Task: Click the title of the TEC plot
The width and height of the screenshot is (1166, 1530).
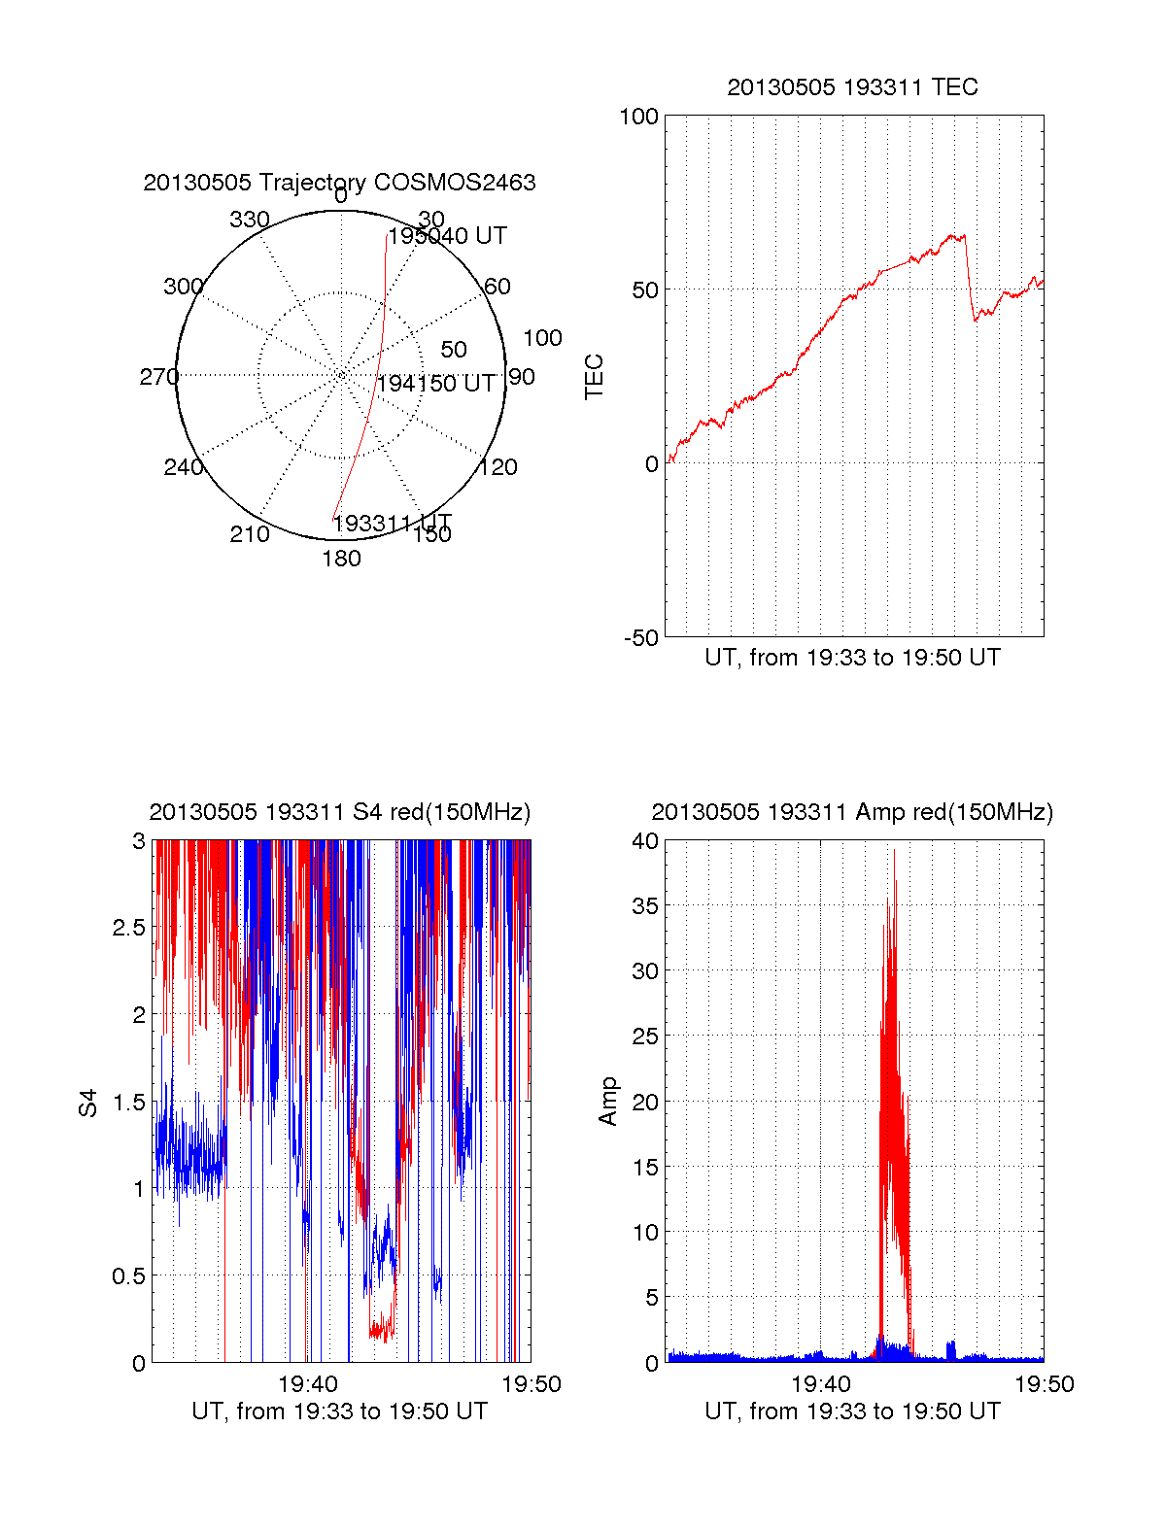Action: (x=852, y=87)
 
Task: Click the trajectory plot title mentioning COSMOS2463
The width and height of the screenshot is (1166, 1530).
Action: (x=339, y=183)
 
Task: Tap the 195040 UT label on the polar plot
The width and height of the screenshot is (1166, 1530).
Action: (x=448, y=236)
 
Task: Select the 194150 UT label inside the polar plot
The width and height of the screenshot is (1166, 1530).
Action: (x=435, y=384)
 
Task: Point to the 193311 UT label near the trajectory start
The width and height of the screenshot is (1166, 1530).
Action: (x=393, y=524)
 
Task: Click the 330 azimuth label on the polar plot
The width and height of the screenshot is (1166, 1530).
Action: (x=249, y=220)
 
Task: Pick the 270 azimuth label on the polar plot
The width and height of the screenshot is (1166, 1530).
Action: (x=158, y=377)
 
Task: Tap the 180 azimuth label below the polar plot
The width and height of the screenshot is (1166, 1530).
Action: (x=341, y=559)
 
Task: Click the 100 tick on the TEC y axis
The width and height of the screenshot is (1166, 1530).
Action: (x=638, y=117)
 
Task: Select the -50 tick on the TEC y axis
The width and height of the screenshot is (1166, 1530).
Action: (x=640, y=638)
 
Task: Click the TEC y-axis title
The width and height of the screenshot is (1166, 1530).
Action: (x=594, y=377)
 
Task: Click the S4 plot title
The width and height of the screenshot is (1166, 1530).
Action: (x=339, y=812)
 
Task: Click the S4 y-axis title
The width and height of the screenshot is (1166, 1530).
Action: (x=88, y=1104)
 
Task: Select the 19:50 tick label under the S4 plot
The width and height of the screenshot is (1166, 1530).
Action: (x=531, y=1384)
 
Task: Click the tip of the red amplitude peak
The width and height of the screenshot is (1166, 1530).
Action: (x=894, y=850)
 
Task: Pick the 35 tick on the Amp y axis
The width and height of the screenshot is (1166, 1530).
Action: (x=644, y=906)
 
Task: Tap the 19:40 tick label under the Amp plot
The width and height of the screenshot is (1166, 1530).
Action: (x=821, y=1384)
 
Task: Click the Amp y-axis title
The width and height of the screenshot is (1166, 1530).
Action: (x=608, y=1102)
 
